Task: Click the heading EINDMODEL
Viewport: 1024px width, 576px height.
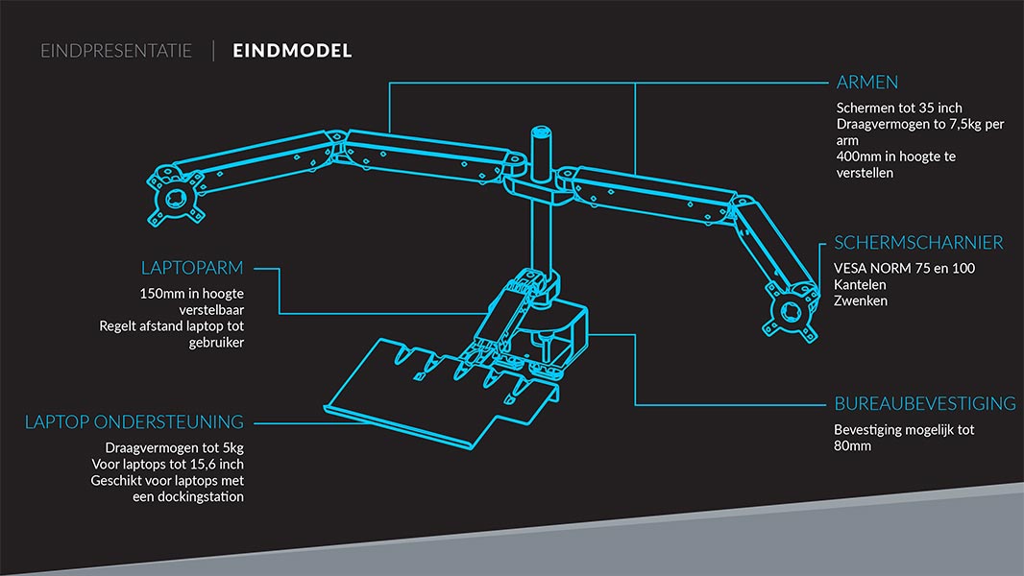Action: pyautogui.click(x=292, y=51)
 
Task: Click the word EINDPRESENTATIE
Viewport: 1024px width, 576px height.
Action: pyautogui.click(x=116, y=51)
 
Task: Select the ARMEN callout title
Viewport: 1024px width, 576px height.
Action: pyautogui.click(x=867, y=83)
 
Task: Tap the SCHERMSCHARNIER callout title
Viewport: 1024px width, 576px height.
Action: pyautogui.click(x=918, y=243)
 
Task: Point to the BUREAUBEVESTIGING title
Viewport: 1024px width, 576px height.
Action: pyautogui.click(x=925, y=404)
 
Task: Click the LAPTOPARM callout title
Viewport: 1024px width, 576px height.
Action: pyautogui.click(x=192, y=268)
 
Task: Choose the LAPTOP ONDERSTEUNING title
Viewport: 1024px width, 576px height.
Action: pyautogui.click(x=134, y=422)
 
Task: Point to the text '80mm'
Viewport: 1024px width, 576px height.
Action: pyautogui.click(x=852, y=445)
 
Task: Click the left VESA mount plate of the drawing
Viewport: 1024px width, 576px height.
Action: pyautogui.click(x=175, y=197)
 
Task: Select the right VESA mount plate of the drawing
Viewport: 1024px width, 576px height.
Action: pyautogui.click(x=791, y=313)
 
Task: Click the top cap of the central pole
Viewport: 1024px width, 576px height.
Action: pyautogui.click(x=542, y=132)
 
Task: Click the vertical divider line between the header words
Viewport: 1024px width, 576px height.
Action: pyautogui.click(x=213, y=51)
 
